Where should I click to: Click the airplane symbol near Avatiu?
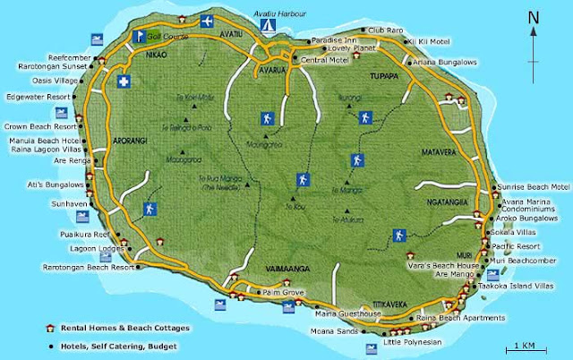coord(208,20)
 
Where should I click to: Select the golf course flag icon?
coord(139,37)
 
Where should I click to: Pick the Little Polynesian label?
coord(412,342)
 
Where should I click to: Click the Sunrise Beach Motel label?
coord(535,186)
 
